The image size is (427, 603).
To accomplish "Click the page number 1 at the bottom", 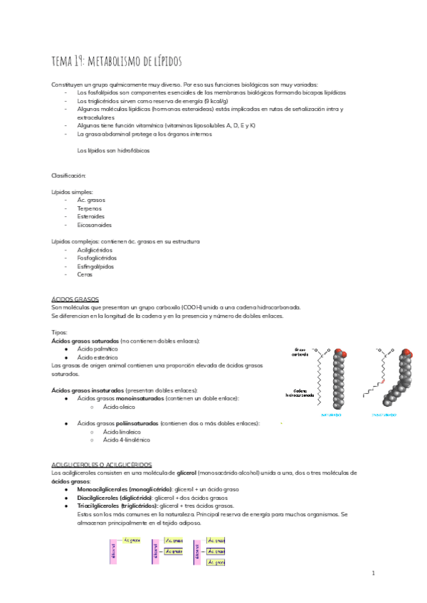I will (373, 572).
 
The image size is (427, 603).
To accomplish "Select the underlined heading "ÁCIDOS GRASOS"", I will (75, 299).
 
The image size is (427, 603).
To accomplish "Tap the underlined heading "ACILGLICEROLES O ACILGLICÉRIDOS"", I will (97, 464).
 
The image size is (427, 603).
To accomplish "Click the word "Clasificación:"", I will (68, 175).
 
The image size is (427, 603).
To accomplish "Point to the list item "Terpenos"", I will (90, 208).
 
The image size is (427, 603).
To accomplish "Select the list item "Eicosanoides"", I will (95, 225).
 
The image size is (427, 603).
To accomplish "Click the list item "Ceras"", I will (85, 274).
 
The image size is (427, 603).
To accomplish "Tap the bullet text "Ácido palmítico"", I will (97, 349).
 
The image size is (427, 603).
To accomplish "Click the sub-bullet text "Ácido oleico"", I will (119, 407).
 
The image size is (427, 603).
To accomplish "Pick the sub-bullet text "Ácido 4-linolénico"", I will (126, 440).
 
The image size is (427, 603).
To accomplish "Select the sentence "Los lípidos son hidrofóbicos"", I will (113, 150).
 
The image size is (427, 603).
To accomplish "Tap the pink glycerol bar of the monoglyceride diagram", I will (112, 549).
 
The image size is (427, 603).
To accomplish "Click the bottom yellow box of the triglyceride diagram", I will (216, 562).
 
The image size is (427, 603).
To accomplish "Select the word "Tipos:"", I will (60, 332).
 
